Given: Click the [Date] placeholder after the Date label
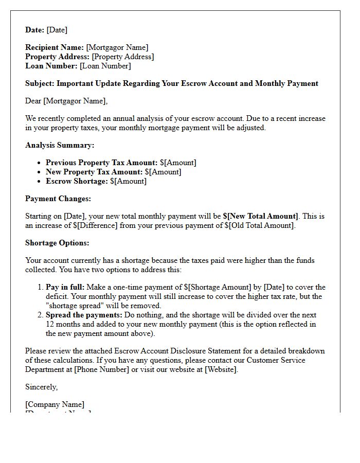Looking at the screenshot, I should click(57, 30).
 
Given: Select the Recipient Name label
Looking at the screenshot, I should click(54, 47).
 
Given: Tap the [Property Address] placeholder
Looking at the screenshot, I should click(122, 57).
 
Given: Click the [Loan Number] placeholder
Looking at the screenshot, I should click(105, 66).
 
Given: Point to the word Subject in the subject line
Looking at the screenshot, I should click(39, 83).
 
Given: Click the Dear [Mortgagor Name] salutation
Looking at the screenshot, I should click(66, 101).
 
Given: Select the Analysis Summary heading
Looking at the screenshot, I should click(60, 145).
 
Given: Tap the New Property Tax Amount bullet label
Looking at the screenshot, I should click(94, 172).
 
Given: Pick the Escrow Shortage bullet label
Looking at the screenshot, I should click(76, 181).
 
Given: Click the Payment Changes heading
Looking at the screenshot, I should click(58, 199).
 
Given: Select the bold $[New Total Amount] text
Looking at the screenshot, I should click(260, 216).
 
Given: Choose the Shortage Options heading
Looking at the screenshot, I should click(57, 243).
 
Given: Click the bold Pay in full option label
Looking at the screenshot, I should click(65, 287).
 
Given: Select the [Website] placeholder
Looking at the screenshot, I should click(221, 369).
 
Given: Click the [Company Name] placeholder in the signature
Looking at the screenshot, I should click(55, 404).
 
